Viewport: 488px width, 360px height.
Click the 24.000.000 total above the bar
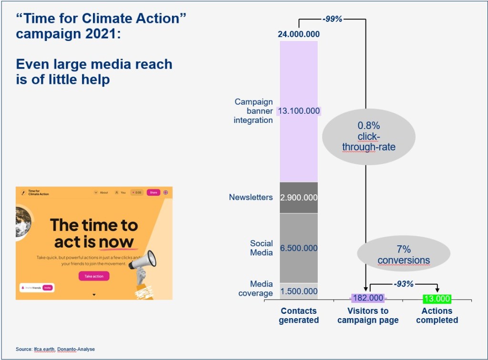pos(299,34)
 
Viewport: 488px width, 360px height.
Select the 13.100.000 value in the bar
pos(299,111)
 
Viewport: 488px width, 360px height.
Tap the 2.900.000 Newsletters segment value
pos(299,197)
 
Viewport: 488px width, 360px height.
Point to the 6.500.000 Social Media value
pos(299,248)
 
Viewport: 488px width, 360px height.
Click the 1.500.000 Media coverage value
pos(299,291)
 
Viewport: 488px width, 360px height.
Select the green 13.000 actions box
pos(437,299)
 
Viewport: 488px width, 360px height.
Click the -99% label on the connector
pos(332,19)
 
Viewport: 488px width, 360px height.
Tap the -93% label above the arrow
pos(403,284)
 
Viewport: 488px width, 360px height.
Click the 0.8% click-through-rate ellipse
pos(368,137)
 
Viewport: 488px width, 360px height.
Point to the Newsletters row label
pos(251,197)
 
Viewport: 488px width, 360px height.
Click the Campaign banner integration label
pos(253,111)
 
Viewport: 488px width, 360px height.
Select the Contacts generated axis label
pos(299,315)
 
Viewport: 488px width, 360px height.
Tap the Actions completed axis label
pos(437,315)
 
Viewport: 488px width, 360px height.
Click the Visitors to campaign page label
pos(368,315)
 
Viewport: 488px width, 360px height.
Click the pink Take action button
pos(94,276)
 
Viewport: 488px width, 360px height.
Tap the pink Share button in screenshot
pos(153,192)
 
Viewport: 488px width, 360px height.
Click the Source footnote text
pos(55,349)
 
